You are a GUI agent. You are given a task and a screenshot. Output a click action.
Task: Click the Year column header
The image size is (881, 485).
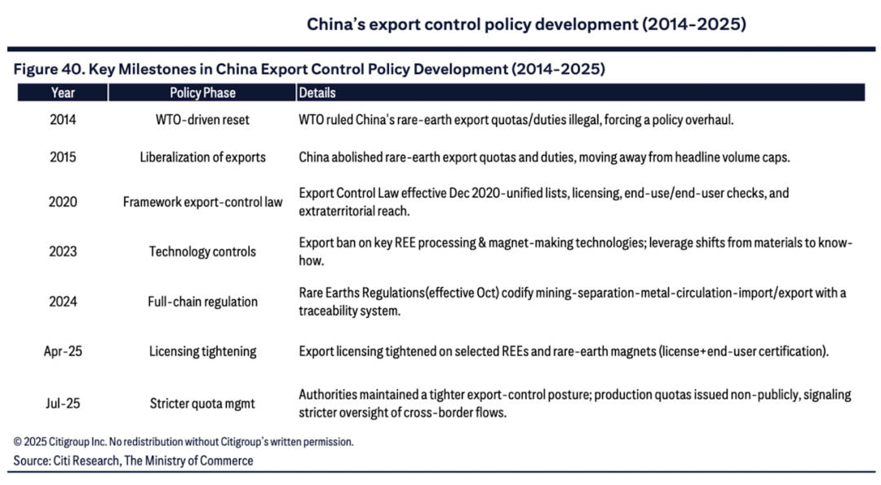[63, 93]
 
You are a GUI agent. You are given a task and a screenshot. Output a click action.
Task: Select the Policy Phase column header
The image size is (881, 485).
[202, 93]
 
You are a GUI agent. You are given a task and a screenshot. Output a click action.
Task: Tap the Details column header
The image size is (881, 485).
[317, 93]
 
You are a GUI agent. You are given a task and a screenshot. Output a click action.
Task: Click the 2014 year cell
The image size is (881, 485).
[63, 120]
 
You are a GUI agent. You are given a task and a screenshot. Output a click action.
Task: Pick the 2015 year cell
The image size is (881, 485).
[63, 157]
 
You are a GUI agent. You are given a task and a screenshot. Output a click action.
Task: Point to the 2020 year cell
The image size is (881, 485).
[63, 202]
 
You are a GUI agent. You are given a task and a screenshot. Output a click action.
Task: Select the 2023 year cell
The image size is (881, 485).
[63, 252]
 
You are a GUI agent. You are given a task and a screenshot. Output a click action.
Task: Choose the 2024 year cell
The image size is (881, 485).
[63, 302]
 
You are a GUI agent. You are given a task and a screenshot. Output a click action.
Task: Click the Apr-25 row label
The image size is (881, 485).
[63, 352]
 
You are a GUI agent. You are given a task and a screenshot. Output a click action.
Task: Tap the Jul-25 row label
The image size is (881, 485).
[63, 403]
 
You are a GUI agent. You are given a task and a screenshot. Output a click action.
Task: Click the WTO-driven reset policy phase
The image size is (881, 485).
[202, 120]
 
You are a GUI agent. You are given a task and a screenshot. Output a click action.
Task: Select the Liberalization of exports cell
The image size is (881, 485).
[202, 157]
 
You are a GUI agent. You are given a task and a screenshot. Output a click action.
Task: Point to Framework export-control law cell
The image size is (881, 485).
[202, 202]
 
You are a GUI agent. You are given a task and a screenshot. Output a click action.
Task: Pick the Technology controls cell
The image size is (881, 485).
[202, 252]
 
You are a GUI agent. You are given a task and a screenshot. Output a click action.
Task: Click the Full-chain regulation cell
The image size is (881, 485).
[202, 302]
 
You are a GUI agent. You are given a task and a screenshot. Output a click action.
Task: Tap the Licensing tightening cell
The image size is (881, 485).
[202, 352]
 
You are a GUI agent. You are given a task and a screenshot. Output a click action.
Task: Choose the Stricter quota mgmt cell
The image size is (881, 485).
[202, 403]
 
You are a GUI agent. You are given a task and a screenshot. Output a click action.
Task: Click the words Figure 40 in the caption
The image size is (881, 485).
[46, 69]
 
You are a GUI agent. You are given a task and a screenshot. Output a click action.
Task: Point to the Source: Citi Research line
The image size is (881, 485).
[133, 461]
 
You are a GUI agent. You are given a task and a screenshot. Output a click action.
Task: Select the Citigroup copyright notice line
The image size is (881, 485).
[184, 442]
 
